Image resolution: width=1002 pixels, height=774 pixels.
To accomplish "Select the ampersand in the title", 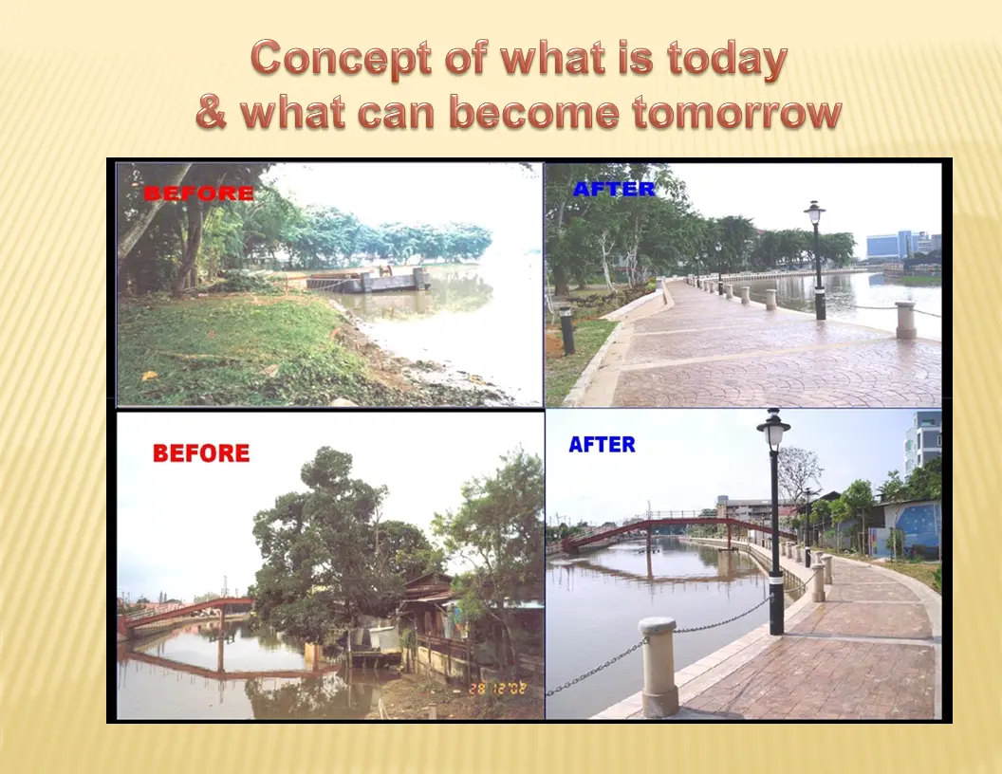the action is [x=211, y=111].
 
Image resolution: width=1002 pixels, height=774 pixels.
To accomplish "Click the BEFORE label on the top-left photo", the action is [x=198, y=193].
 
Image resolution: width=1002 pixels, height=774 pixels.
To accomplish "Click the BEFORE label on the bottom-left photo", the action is [x=201, y=452].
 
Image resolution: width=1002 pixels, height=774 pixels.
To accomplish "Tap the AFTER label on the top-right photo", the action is [x=614, y=189].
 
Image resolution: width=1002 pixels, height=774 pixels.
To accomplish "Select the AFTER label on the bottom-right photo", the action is [x=602, y=445].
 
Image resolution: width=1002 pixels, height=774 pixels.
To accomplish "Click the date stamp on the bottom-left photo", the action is [x=497, y=689].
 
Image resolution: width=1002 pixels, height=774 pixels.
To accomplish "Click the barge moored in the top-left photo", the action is [x=366, y=280].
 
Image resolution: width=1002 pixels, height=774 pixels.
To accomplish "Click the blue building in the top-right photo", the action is [x=889, y=246].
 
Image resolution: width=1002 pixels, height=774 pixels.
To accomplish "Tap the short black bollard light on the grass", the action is [x=566, y=330].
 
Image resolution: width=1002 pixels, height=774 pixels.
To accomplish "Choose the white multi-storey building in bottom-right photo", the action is [x=922, y=441].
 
